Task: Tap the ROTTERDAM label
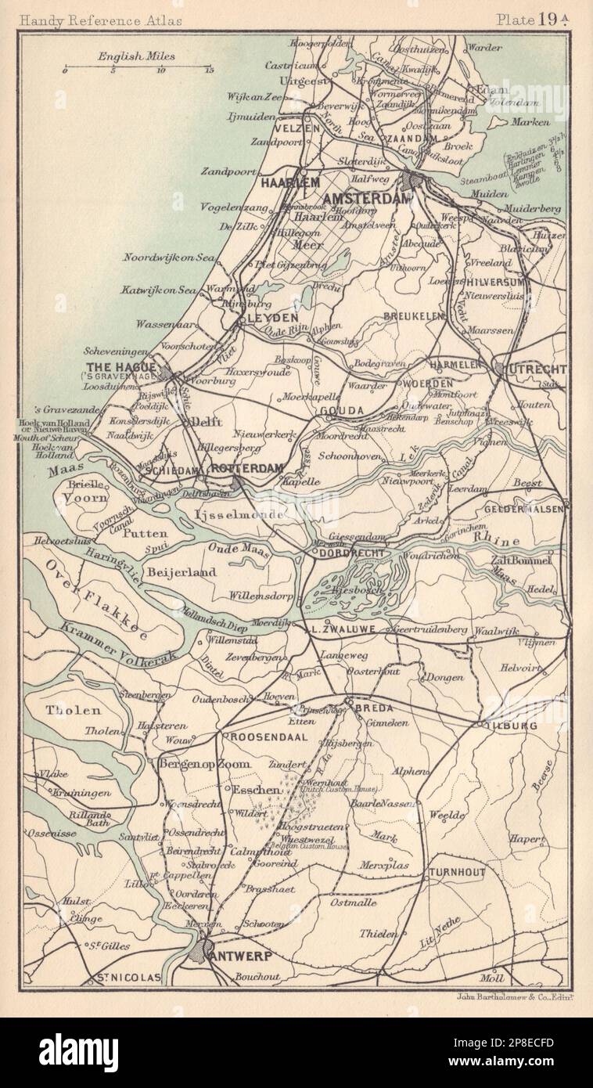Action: tap(246, 468)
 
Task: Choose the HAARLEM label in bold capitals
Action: tap(289, 182)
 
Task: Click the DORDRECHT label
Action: tap(349, 553)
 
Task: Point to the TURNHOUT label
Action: tap(456, 872)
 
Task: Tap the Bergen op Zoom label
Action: tap(205, 764)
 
